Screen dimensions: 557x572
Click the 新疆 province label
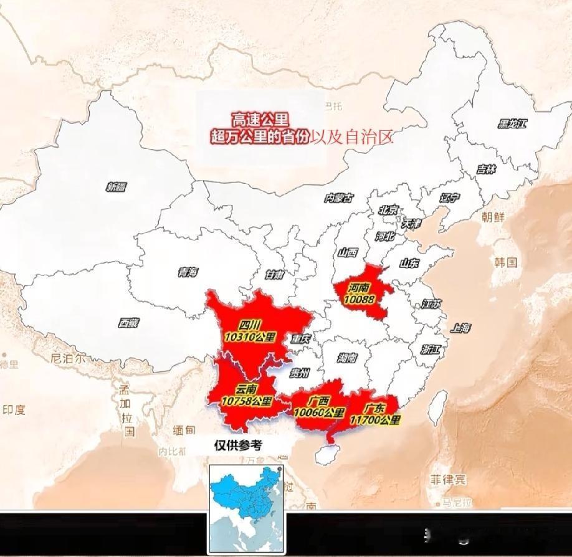point(116,186)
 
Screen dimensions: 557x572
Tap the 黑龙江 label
point(512,123)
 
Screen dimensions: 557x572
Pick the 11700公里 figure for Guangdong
point(375,420)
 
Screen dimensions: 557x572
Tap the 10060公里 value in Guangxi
point(319,412)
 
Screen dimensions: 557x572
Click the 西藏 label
point(129,323)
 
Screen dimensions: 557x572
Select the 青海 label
point(188,272)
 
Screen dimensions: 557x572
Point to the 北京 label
point(388,210)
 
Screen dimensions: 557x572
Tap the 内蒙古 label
point(339,198)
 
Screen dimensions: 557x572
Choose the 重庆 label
point(300,339)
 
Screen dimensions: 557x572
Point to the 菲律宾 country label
point(447,479)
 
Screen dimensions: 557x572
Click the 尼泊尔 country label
point(67,358)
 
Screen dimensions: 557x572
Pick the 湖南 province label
point(347,358)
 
